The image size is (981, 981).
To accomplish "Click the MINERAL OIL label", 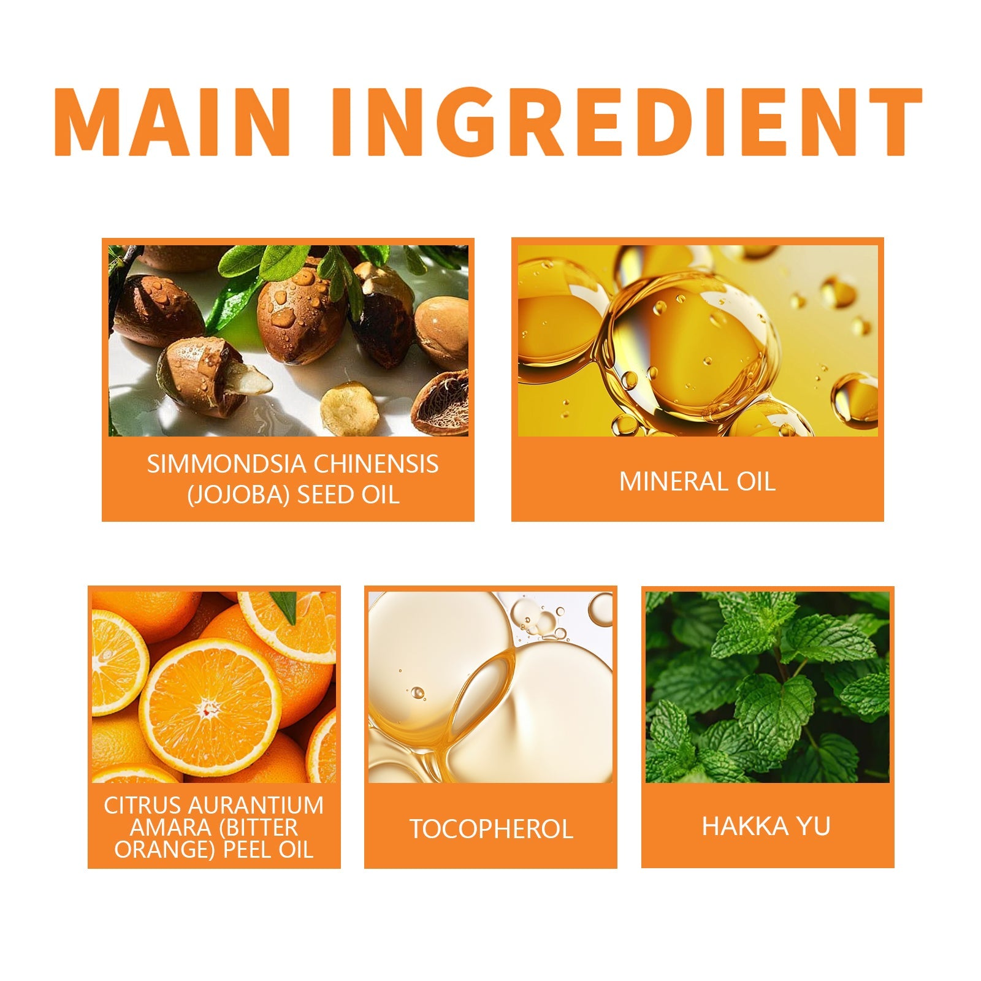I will pos(697,482).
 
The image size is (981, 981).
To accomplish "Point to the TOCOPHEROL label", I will pos(491,829).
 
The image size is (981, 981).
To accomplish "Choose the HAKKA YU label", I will pos(766,826).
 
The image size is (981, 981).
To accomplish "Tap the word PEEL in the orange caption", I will pos(250,849).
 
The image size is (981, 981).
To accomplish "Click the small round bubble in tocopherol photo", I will pos(418,693).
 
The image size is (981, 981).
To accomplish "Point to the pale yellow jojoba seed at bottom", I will pos(350,408).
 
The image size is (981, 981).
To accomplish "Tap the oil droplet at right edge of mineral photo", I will pos(855,399).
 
